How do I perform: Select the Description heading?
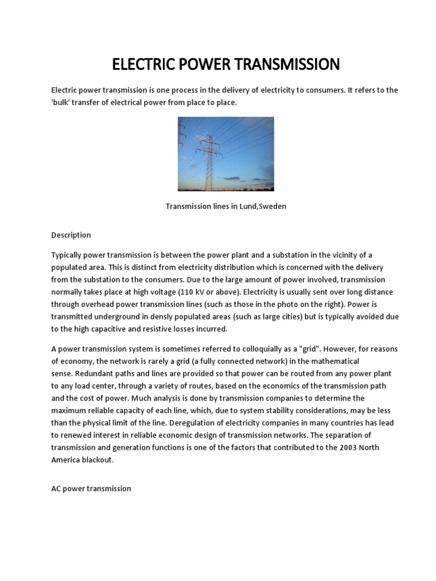click(x=71, y=235)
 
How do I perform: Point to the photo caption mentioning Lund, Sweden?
click(x=226, y=207)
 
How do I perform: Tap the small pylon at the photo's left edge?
click(x=182, y=136)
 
